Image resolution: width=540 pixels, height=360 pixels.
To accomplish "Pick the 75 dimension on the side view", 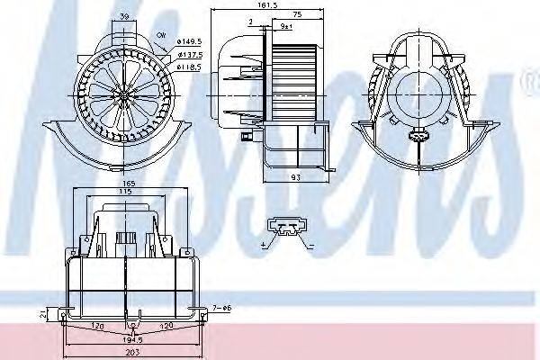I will point(296,15).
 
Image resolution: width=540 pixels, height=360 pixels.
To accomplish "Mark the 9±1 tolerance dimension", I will point(286,28).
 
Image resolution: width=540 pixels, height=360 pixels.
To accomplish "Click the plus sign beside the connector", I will point(264,245).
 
